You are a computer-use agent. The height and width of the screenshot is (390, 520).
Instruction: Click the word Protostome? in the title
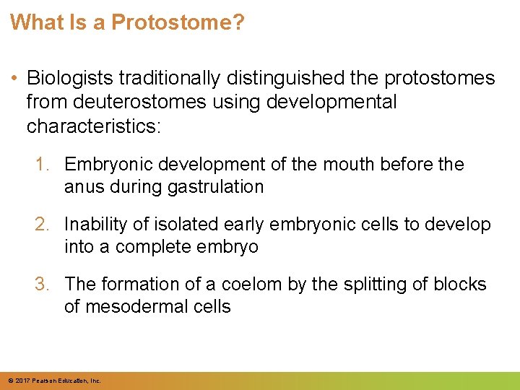pos(178,22)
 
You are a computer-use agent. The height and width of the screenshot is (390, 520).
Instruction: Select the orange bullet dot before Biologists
pos(15,78)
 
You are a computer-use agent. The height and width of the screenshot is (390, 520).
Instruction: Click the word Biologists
pos(69,78)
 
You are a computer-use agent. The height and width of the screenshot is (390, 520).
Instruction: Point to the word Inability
pos(97,225)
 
